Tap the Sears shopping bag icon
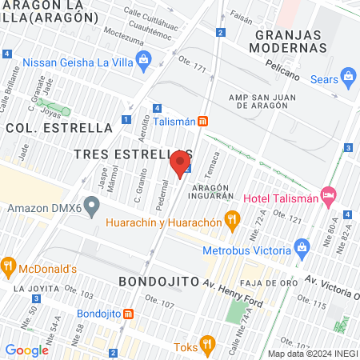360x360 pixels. click(348, 78)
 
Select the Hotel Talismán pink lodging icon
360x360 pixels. click(327, 195)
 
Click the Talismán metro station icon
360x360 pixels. click(203, 121)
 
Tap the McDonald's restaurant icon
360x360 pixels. click(9, 264)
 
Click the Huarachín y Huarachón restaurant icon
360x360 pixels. click(232, 218)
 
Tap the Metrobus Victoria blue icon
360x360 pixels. click(302, 246)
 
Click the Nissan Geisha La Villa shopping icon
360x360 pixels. click(144, 58)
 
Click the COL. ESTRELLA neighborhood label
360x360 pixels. click(59, 127)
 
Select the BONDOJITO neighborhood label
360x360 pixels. click(157, 282)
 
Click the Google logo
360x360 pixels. click(26, 350)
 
